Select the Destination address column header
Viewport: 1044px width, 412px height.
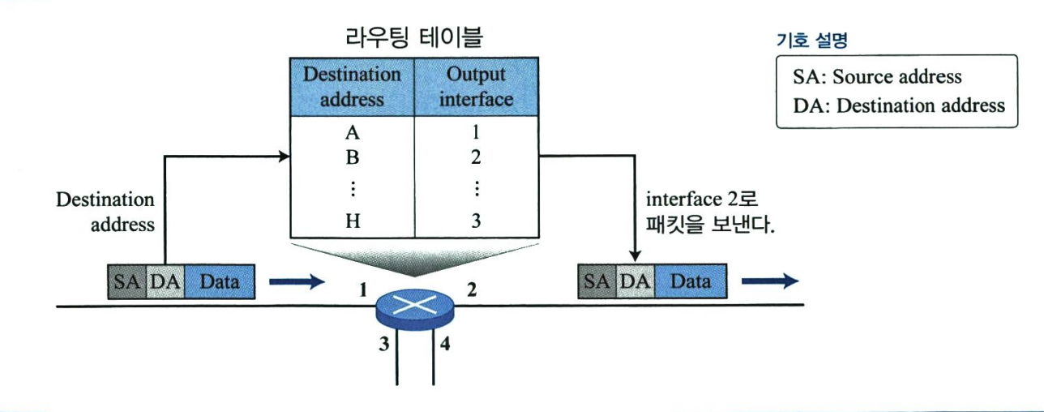coord(352,87)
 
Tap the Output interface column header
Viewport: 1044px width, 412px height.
coord(476,87)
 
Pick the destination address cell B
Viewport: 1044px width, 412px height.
coord(352,157)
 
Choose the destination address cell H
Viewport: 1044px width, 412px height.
coord(352,221)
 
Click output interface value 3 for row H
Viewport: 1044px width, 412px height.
coord(476,221)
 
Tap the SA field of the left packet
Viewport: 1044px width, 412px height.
coord(126,281)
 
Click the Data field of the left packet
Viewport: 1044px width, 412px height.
coord(220,281)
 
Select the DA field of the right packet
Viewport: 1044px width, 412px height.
coord(635,281)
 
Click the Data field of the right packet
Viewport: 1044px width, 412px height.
coord(691,281)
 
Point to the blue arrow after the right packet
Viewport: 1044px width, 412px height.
coord(769,281)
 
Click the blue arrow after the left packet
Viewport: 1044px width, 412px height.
coord(296,281)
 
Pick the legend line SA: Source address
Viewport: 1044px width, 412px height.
coord(878,77)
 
